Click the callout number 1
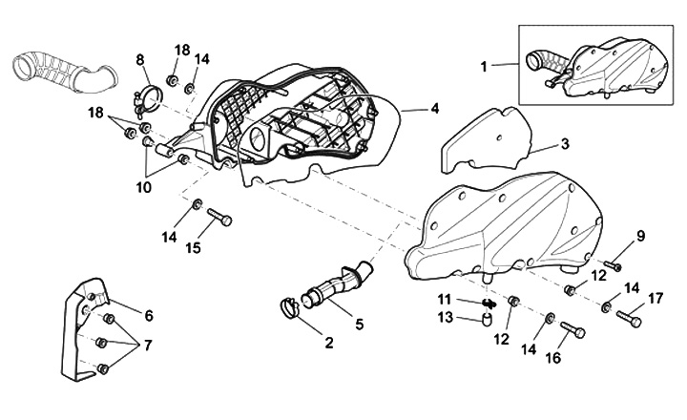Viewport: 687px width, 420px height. tap(484, 67)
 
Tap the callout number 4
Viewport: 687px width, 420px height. tap(434, 108)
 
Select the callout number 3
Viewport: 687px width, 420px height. tap(565, 144)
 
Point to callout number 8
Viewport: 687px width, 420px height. tap(139, 59)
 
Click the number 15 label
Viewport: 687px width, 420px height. tap(193, 247)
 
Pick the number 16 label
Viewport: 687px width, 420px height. tap(553, 358)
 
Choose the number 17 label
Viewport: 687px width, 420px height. tap(656, 299)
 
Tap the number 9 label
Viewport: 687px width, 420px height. tap(641, 237)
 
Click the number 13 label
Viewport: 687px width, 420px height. tap(446, 317)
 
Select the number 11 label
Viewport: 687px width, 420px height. tap(445, 300)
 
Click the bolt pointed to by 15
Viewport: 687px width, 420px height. tap(219, 217)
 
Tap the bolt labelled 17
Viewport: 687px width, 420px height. tap(629, 319)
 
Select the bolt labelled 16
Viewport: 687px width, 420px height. tap(572, 329)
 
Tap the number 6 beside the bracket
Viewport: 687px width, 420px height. tap(149, 315)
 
